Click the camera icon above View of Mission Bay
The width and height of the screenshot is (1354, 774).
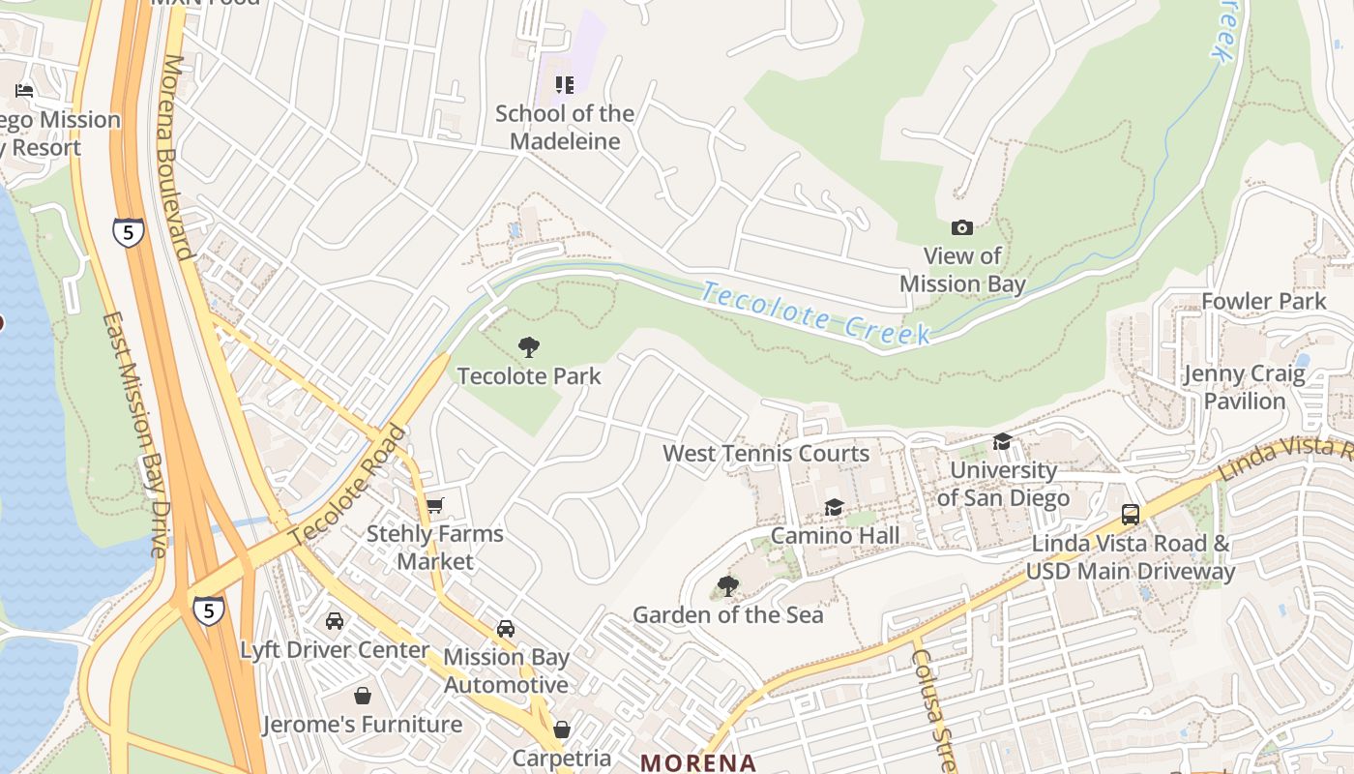[961, 227]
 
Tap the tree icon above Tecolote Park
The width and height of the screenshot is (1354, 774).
[528, 346]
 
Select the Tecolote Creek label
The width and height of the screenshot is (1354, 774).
[815, 312]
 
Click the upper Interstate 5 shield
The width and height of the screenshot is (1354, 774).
[129, 231]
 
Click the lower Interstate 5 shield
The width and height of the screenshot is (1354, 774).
[208, 609]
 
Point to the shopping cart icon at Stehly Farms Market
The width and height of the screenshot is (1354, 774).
[434, 505]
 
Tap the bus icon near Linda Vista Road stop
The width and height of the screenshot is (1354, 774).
[1130, 514]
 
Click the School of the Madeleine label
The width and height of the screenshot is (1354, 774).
[565, 127]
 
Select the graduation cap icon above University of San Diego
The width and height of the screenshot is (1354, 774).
[1002, 441]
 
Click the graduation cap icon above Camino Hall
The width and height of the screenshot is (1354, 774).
[834, 507]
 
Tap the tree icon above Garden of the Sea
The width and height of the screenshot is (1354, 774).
[727, 585]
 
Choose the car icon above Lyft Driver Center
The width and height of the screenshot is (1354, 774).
[335, 621]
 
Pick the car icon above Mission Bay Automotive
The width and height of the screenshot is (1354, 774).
[505, 629]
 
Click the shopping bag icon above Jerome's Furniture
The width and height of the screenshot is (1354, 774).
[362, 696]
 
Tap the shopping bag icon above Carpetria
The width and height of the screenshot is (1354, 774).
[561, 729]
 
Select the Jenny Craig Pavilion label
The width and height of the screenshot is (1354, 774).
[1245, 387]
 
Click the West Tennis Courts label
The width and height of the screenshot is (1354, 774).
[766, 453]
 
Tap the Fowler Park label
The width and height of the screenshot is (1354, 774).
[1263, 301]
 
